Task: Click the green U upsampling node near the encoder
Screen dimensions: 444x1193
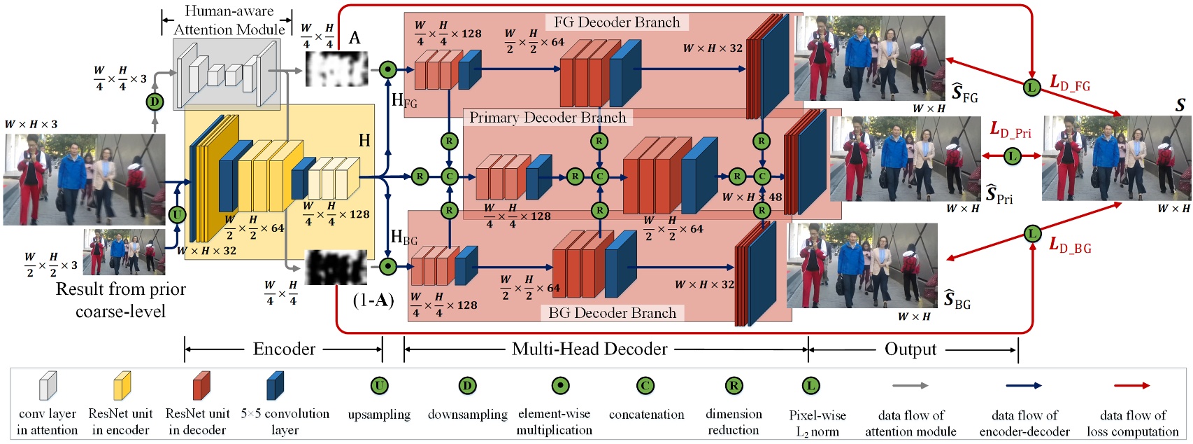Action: click(177, 214)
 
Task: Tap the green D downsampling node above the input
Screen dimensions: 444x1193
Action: click(155, 102)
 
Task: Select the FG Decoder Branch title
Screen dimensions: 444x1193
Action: click(617, 22)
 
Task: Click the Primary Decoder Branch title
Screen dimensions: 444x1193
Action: click(548, 118)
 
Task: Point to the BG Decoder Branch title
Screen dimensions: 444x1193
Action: click(612, 313)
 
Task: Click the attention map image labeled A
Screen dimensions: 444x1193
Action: click(337, 69)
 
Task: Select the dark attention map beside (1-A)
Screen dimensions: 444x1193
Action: click(336, 267)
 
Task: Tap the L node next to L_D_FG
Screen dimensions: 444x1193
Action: click(1031, 87)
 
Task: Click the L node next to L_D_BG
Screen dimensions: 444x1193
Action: click(1032, 233)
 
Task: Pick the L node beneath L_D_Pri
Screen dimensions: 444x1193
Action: click(1012, 156)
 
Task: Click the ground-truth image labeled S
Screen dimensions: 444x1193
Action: click(1117, 158)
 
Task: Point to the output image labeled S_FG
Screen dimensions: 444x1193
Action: click(875, 59)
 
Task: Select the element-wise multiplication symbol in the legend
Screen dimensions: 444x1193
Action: click(559, 386)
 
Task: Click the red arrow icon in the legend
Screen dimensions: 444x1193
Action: click(1131, 386)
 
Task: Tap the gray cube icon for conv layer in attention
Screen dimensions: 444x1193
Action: click(48, 386)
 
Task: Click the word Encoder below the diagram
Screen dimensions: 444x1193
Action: click(284, 349)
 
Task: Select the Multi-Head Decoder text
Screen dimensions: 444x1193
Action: click(590, 349)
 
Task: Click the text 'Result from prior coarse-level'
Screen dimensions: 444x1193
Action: click(120, 300)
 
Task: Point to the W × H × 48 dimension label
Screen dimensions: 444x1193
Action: click(752, 197)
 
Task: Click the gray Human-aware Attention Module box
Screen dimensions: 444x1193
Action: click(227, 74)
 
